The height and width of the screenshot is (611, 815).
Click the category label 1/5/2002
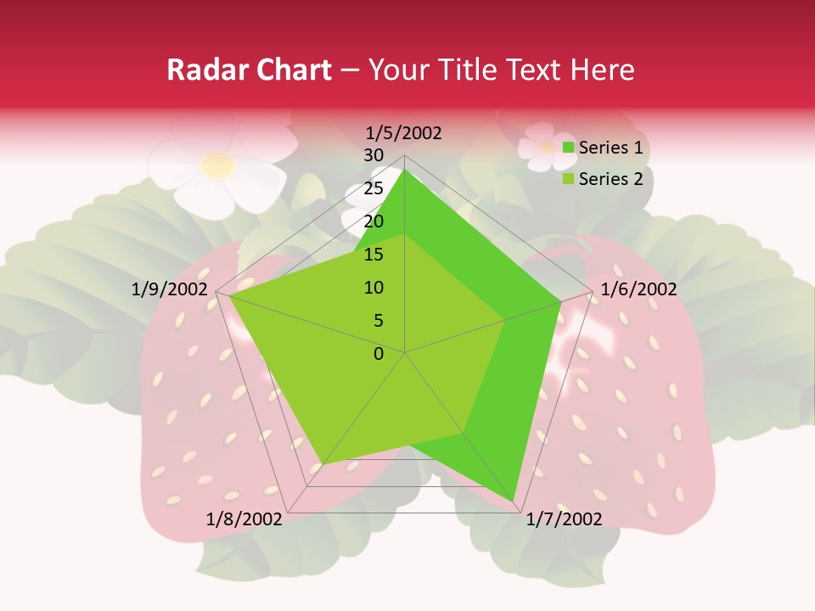(x=403, y=133)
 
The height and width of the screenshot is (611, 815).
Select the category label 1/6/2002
(x=638, y=289)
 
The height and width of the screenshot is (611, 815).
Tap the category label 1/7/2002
(x=564, y=519)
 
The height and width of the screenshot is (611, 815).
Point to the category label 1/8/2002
(x=244, y=519)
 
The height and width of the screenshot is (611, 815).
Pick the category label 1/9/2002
(x=170, y=289)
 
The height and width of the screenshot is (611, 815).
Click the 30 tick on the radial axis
(x=374, y=155)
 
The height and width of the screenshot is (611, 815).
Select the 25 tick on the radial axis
(x=374, y=188)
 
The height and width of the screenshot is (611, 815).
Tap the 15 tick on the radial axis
(x=374, y=255)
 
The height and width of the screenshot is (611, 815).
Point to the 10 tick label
(x=374, y=288)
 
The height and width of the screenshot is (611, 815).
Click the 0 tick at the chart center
(x=379, y=354)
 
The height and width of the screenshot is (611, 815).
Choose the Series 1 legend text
(x=610, y=149)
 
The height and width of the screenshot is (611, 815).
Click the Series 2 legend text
(x=610, y=179)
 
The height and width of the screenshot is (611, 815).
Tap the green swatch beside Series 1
(x=569, y=149)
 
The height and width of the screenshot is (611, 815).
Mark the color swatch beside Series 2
(x=569, y=179)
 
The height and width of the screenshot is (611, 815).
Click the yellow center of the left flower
(x=218, y=164)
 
